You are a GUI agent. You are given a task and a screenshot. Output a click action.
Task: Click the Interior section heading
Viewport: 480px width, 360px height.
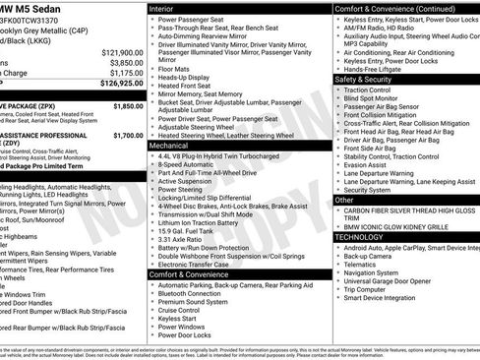(167, 8)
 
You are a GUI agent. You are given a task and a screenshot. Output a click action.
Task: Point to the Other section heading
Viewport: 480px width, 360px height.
(346, 200)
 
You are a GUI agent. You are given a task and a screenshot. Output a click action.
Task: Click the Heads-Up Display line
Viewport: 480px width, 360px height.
(190, 76)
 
